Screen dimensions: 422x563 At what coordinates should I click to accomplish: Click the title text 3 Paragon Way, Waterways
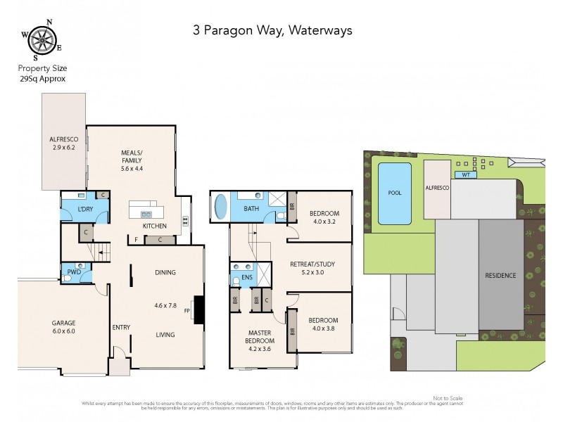(272, 30)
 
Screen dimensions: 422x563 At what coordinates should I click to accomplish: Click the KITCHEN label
(154, 226)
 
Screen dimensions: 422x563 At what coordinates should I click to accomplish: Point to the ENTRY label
(121, 328)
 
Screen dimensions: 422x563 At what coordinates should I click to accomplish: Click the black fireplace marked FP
(198, 309)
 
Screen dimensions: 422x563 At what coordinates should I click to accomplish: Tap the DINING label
(165, 273)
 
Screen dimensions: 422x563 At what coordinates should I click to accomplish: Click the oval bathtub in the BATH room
(221, 209)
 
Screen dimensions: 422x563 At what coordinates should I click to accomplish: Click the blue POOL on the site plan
(395, 193)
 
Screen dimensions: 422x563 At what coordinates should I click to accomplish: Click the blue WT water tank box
(463, 174)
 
